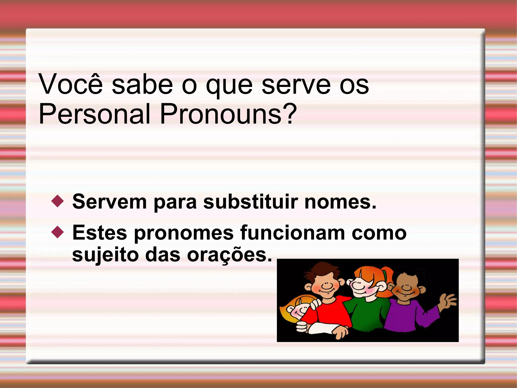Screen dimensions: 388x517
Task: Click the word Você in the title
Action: [71, 84]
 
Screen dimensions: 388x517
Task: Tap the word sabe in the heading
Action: [142, 84]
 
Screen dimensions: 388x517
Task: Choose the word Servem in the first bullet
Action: [109, 202]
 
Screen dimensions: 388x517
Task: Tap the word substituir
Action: [251, 202]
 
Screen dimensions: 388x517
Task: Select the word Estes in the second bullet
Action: [99, 233]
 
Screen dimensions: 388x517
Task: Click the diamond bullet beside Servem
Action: [58, 201]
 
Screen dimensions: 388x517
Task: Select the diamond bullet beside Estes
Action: [58, 232]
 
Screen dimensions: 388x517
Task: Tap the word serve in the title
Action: [296, 84]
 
